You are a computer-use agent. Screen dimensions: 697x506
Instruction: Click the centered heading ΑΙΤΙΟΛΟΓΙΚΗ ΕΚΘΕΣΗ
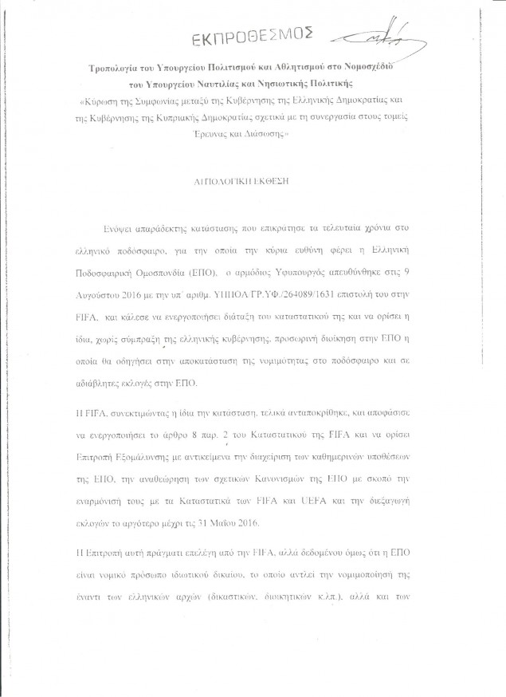[253, 181]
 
